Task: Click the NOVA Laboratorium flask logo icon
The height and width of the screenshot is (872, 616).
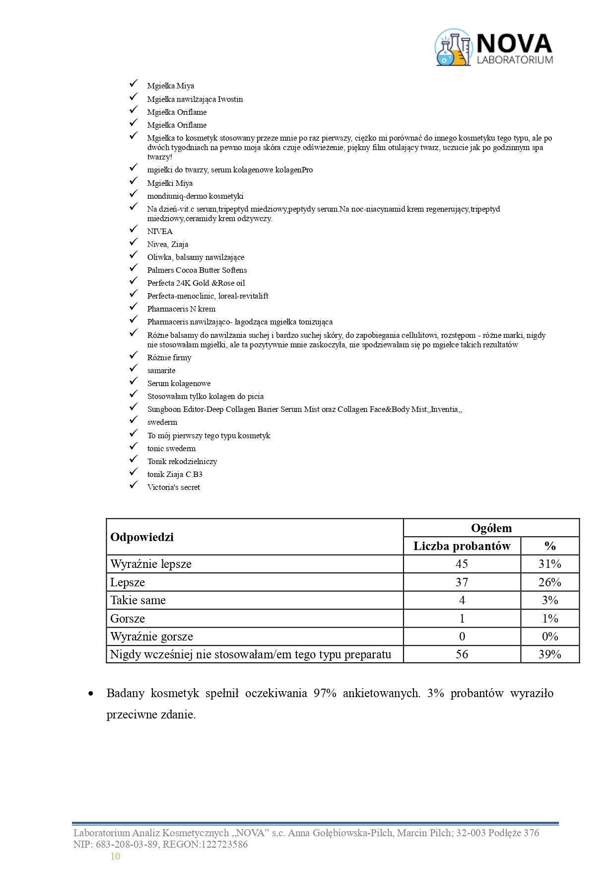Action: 453,48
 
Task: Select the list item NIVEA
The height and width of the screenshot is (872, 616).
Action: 160,232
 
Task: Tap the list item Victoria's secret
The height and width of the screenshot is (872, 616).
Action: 173,487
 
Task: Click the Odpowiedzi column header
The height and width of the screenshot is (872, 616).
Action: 142,537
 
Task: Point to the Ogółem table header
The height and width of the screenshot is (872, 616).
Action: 491,528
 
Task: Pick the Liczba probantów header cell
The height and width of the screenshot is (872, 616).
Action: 462,546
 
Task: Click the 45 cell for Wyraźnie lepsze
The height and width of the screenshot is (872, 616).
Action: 462,564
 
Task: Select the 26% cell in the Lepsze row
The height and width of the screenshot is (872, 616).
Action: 549,582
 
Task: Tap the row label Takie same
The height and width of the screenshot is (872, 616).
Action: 138,600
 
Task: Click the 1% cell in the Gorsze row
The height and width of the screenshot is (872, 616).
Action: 549,619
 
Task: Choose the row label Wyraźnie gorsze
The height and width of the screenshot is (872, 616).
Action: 151,636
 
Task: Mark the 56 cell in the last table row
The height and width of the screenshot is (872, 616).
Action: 462,654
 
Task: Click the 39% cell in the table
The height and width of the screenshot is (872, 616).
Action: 549,654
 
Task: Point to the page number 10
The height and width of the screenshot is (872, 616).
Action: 115,856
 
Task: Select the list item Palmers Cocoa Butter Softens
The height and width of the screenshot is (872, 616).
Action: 197,270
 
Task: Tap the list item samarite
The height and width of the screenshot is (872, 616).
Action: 161,371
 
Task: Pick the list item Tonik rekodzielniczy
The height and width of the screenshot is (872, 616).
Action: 182,462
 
